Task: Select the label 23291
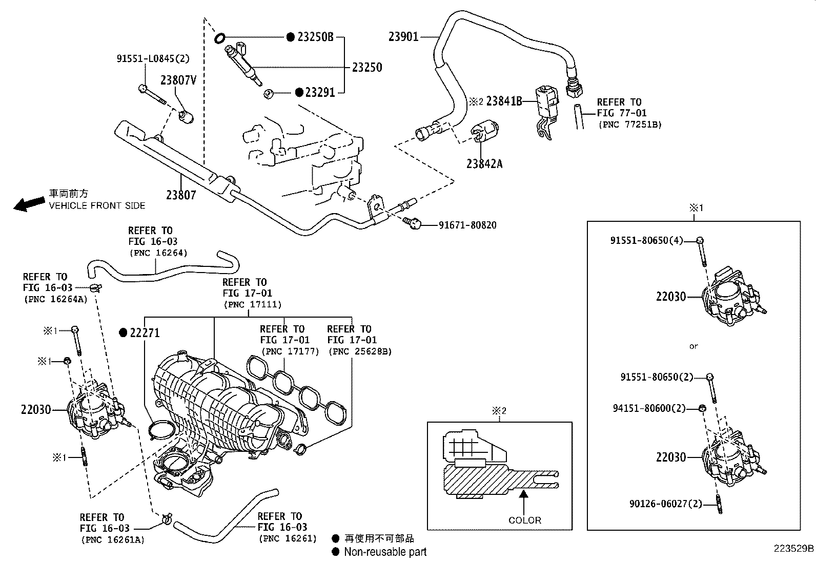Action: pos(320,93)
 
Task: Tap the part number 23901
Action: pos(403,37)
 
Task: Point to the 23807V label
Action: pos(178,80)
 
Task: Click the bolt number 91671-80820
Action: pos(467,225)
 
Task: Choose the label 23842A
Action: pos(484,164)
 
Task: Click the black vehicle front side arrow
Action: pos(29,203)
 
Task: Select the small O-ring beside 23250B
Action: pos(220,37)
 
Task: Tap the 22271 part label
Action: pos(145,333)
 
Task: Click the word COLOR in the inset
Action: pos(525,520)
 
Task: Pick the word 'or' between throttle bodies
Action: pos(693,346)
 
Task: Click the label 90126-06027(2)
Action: pos(665,504)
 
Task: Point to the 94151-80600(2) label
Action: pos(649,408)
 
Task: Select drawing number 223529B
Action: pos(793,548)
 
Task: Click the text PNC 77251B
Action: pos(629,124)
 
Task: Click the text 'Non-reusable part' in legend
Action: pos(385,552)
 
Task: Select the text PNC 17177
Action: pos(290,351)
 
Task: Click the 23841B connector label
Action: pos(504,101)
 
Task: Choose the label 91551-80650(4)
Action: pos(646,240)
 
